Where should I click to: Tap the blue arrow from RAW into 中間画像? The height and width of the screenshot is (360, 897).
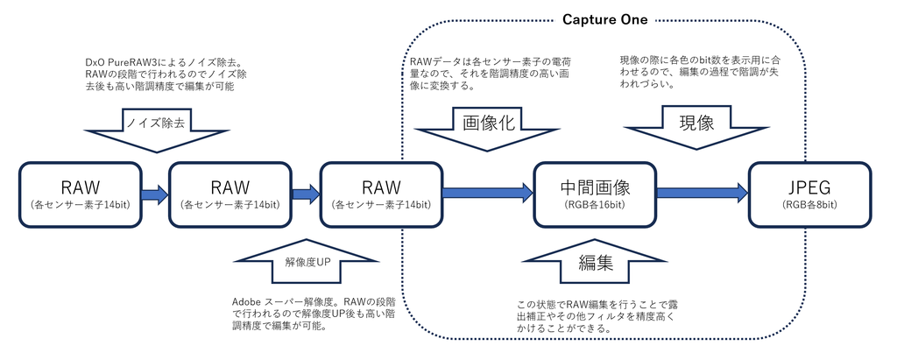[489, 194]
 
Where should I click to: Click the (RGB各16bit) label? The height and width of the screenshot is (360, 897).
[596, 205]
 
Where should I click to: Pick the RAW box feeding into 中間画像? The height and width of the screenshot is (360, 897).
[380, 194]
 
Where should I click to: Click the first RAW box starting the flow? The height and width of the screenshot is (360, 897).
[79, 194]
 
